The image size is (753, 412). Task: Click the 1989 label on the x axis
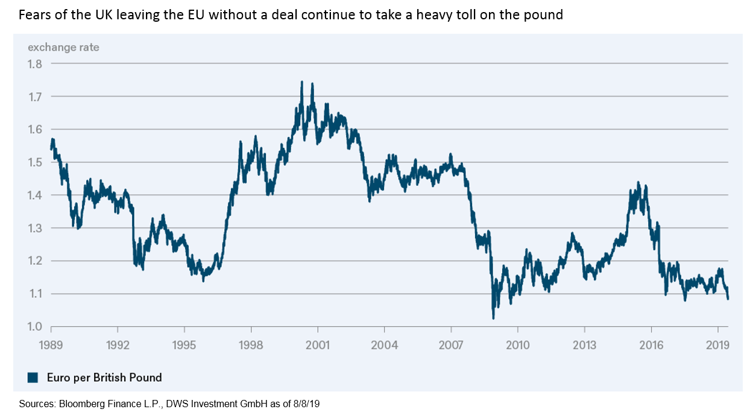pos(51,346)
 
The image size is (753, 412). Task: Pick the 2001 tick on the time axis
pos(318,346)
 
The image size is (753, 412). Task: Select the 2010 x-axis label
pos(518,346)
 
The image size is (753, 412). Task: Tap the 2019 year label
pos(717,346)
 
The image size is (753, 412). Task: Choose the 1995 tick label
pos(184,346)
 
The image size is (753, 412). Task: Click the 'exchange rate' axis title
pos(63,47)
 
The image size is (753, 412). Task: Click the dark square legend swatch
pos(33,378)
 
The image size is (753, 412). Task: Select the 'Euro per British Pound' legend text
pos(104,378)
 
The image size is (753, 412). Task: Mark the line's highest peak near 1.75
pos(302,82)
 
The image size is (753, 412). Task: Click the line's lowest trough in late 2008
pos(493,317)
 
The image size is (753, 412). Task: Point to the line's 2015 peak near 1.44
pos(638,182)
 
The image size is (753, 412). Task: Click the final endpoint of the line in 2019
pos(728,298)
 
